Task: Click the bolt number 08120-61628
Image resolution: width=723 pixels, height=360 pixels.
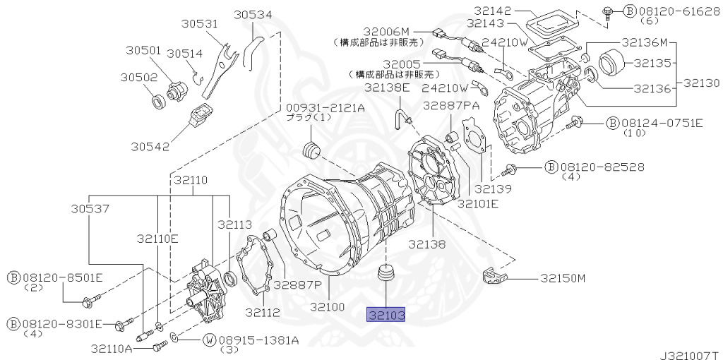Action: click(671, 11)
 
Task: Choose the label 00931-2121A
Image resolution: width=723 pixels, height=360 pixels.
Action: click(325, 107)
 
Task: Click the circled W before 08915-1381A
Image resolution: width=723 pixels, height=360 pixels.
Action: click(209, 340)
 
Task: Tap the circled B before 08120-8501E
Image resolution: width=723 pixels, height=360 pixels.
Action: click(14, 277)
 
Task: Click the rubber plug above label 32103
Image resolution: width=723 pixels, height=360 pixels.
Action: click(386, 273)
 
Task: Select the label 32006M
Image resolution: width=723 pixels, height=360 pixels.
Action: click(386, 32)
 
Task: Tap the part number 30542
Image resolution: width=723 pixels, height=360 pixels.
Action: click(150, 146)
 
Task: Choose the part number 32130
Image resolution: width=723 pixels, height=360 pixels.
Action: click(701, 83)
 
